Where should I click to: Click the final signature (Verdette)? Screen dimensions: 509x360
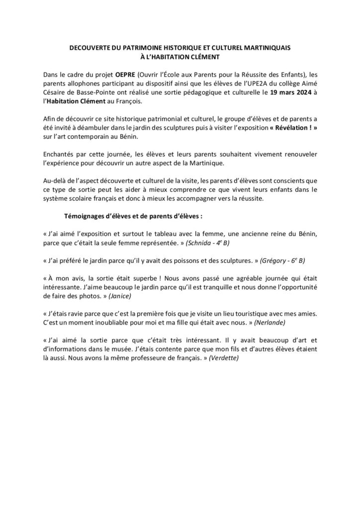224,359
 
